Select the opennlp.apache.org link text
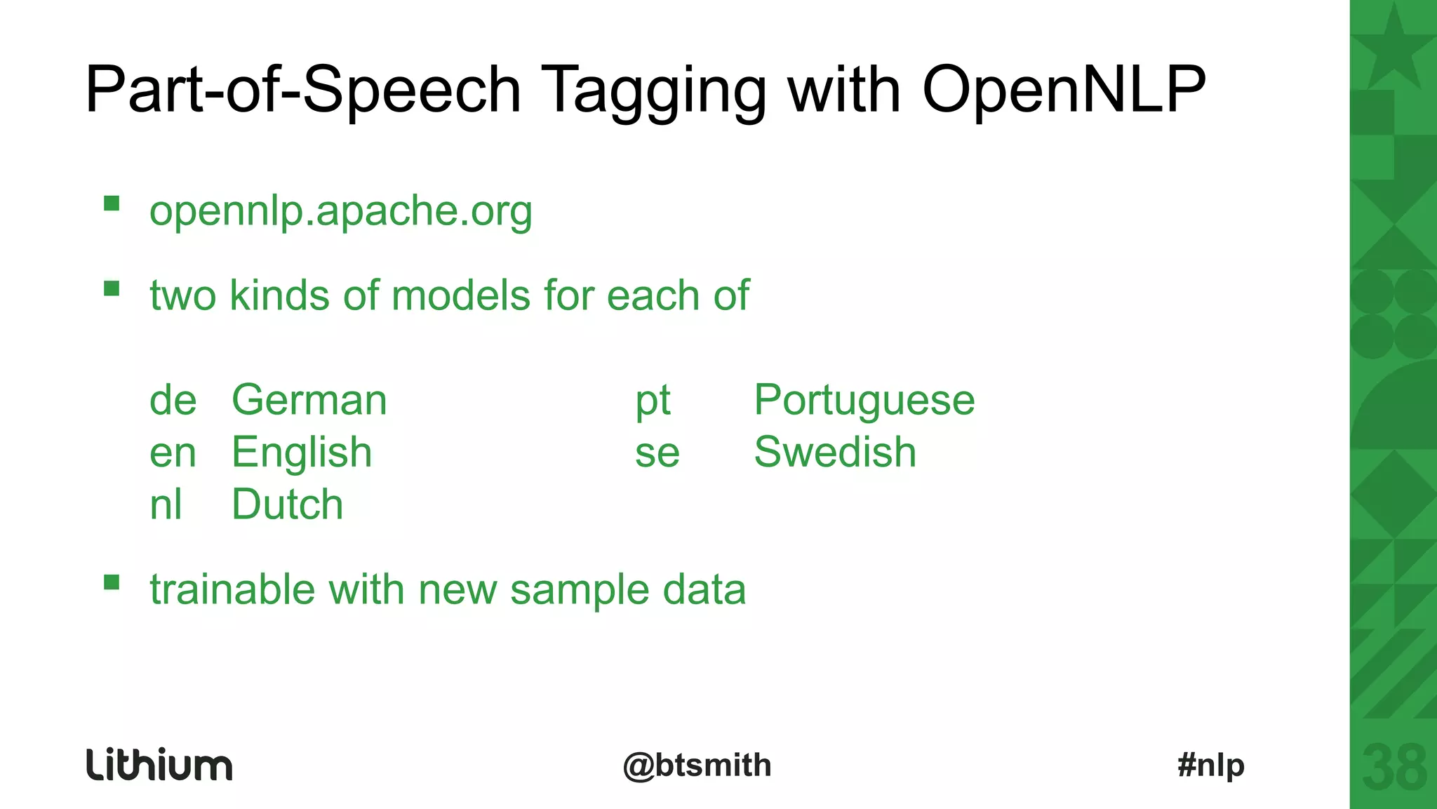341,210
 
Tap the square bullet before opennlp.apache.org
112,203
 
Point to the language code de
173,400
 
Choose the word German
309,400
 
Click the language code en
173,453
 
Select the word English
302,453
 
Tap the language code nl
166,504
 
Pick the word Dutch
287,504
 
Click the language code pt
653,401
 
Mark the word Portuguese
864,401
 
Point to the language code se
657,453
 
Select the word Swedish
835,452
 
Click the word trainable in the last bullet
232,589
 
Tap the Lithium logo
159,765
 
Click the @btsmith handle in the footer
697,765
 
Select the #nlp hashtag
1211,765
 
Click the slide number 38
1394,768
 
